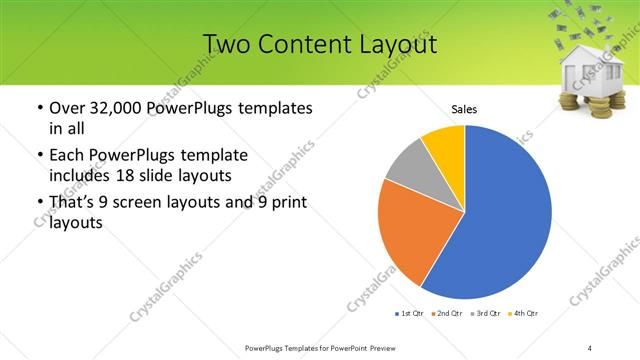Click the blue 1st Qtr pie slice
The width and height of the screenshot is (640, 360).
point(500,220)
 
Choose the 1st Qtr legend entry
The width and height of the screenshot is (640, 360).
point(410,314)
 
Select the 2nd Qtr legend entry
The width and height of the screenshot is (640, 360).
point(446,314)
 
